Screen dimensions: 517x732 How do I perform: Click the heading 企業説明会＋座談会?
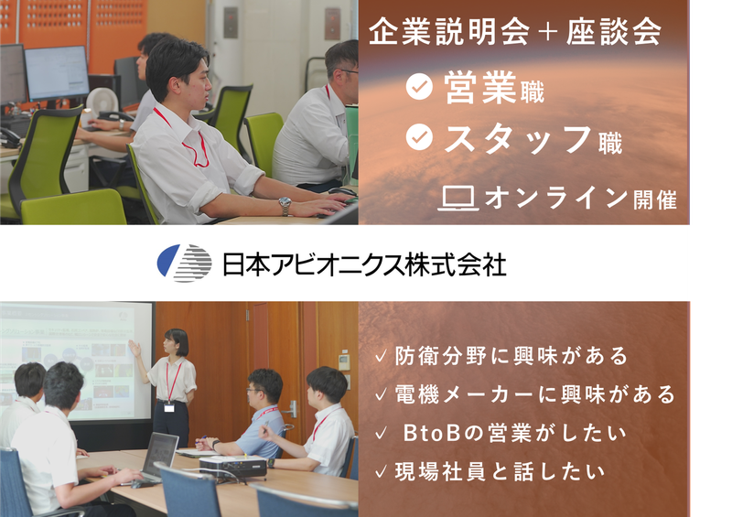coord(515,33)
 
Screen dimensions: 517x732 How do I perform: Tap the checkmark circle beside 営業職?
coord(419,87)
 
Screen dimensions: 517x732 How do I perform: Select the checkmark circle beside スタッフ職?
coord(419,137)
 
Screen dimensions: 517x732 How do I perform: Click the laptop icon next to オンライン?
coord(458,197)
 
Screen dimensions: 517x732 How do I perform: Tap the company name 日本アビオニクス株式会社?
coord(364,264)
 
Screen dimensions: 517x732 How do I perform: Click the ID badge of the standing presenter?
coord(169,406)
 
